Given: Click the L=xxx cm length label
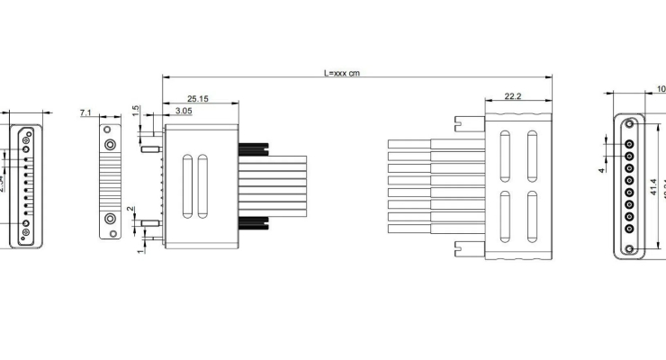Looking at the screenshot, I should [341, 72].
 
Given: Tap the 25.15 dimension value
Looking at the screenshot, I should [199, 98].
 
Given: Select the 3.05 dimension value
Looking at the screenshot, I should [183, 110].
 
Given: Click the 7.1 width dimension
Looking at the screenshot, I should [86, 112].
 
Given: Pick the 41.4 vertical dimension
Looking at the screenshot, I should [652, 188].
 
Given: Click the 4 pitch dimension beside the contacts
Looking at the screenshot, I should [602, 168].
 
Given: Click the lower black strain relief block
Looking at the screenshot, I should [254, 224].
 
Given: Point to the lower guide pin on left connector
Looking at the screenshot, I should [150, 223].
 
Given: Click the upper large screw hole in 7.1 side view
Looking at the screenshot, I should [110, 144].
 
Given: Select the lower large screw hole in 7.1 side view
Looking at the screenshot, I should [110, 218].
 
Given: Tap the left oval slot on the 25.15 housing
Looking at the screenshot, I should [187, 187].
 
